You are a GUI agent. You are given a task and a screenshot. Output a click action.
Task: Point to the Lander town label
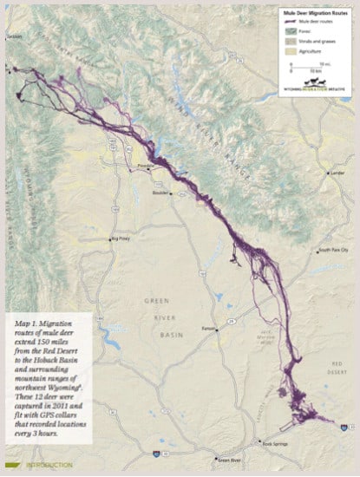coord(338,173)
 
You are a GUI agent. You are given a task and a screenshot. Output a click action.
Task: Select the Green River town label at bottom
coord(229,460)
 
